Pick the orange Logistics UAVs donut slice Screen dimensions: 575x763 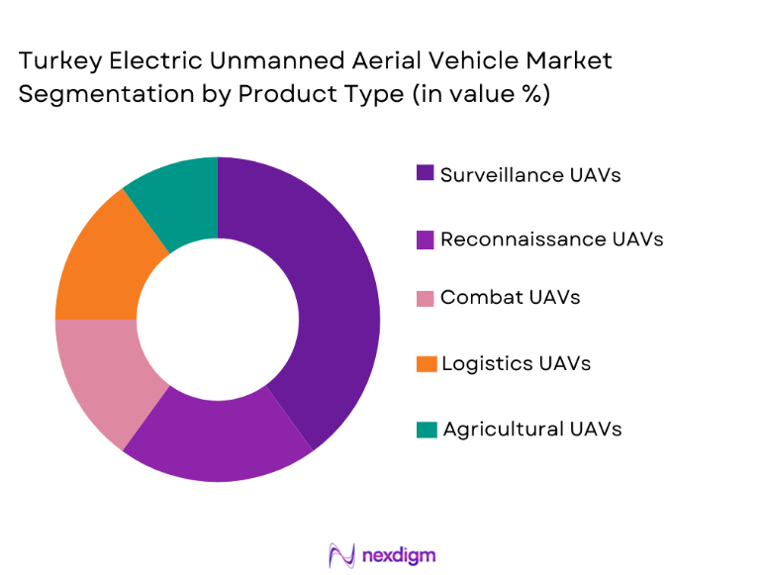99,262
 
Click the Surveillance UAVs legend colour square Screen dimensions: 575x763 426,174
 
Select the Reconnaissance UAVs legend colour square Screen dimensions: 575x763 426,239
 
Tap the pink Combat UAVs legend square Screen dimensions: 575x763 426,298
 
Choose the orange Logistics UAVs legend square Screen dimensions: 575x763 426,363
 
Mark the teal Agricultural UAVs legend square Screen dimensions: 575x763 426,429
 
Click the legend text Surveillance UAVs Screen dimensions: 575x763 530,174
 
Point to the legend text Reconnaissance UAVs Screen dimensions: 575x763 551,239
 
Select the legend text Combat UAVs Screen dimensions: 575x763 510,298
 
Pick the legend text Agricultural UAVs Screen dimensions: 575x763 532,429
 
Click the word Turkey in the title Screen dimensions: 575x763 56,60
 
